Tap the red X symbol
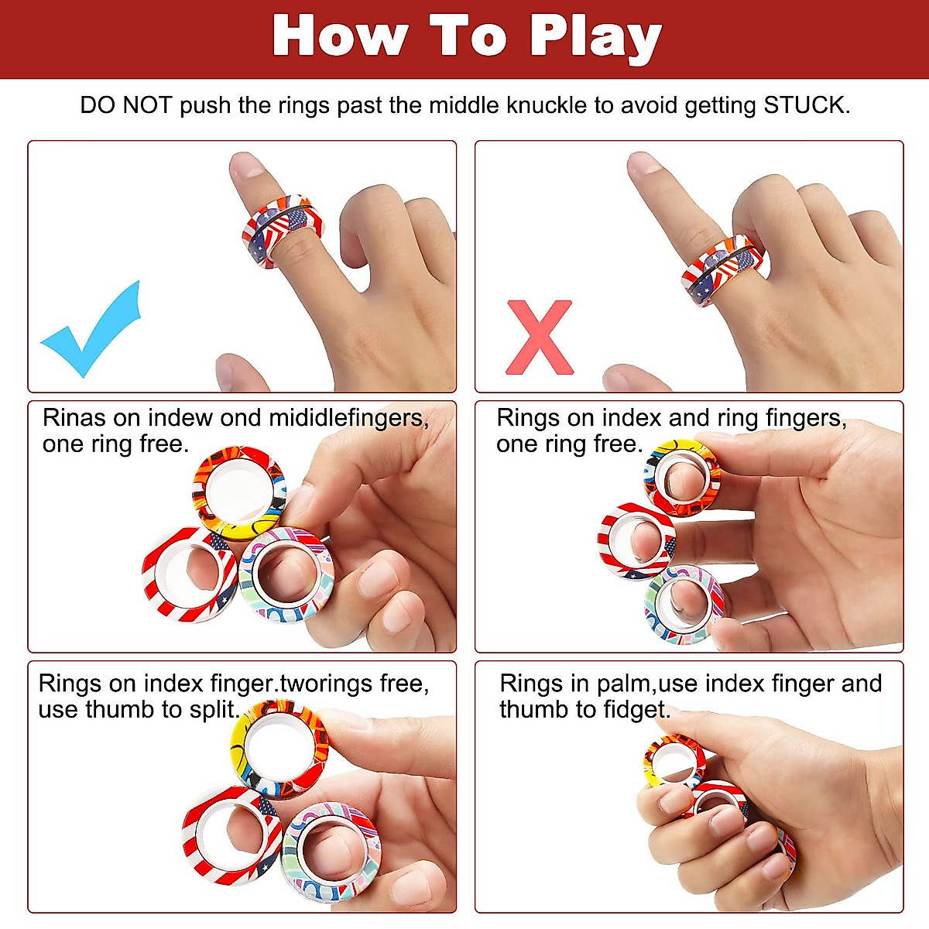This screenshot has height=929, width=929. pyautogui.click(x=540, y=338)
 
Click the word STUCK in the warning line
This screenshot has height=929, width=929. pyautogui.click(x=805, y=105)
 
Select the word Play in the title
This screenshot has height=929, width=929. pyautogui.click(x=595, y=37)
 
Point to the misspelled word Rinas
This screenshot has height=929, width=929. pyautogui.click(x=74, y=418)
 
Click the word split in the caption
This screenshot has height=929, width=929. pyautogui.click(x=212, y=710)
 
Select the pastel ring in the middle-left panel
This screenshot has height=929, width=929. pyautogui.click(x=286, y=573)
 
